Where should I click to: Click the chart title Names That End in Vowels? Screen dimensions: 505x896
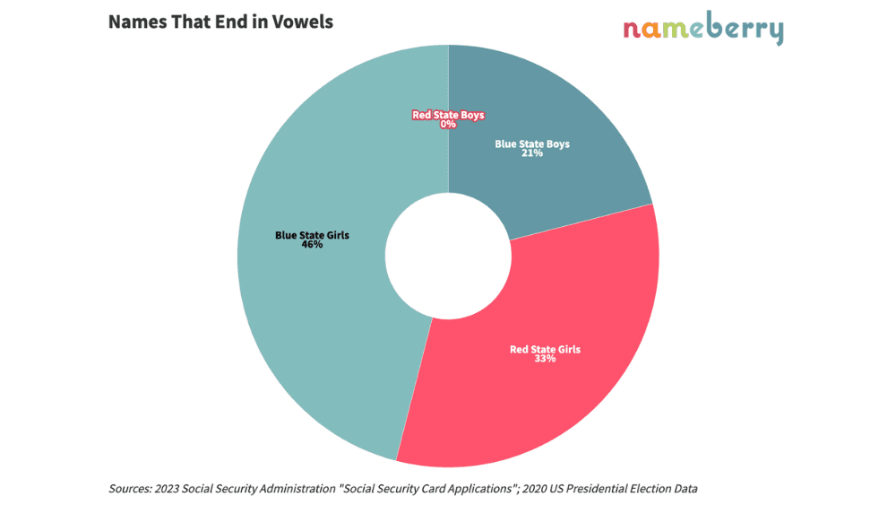pos(220,22)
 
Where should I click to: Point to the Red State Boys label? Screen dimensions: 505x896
pos(448,115)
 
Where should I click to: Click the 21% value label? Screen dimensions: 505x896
pos(532,153)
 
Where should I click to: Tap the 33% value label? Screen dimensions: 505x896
pos(545,359)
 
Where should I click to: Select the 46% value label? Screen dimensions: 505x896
pos(312,245)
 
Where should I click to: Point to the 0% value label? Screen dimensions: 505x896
pos(448,125)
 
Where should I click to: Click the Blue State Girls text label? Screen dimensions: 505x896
pos(312,235)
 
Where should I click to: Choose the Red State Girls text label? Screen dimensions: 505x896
pos(545,349)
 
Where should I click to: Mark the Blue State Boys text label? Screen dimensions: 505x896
pos(532,144)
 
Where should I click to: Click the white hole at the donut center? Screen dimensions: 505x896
pos(448,257)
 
